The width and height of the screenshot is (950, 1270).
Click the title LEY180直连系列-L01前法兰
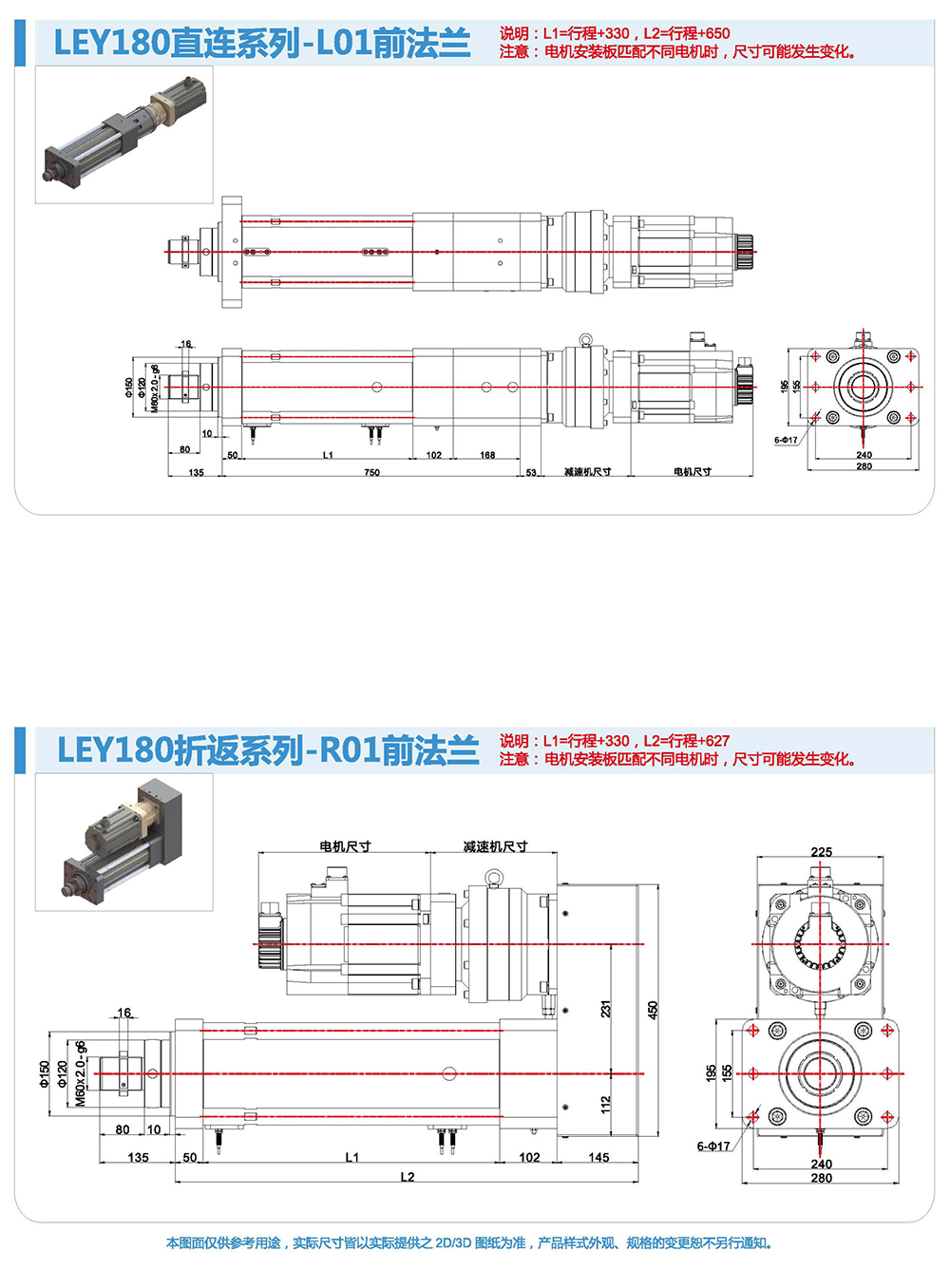coord(262,44)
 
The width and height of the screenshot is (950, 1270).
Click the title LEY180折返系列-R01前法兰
coord(268,750)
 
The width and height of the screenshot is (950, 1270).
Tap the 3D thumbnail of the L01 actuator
coord(124,135)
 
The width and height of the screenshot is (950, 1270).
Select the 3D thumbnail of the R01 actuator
coord(124,843)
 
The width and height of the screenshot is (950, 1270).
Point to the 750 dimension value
coord(371,472)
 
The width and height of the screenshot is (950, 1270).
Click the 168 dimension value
coord(487,455)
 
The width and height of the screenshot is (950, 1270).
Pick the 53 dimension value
coord(531,472)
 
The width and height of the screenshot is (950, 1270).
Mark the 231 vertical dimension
coord(606,1009)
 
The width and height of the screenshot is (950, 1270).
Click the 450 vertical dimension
coord(653,1010)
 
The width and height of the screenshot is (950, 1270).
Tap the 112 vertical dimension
coord(606,1104)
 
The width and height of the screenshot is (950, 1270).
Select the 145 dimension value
coord(598,1157)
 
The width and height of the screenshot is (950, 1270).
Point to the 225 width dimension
coord(822,852)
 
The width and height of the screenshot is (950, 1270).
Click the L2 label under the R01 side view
coord(408,1177)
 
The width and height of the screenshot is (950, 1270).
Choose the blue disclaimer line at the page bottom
coord(470,1242)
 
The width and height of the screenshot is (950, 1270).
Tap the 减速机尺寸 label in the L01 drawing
coord(587,472)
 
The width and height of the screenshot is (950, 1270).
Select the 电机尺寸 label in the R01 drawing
coord(345,846)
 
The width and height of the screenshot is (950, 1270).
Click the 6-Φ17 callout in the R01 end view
coord(713,1147)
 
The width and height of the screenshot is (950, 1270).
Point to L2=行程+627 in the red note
coord(687,741)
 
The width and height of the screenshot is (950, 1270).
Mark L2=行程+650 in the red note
coord(687,33)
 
